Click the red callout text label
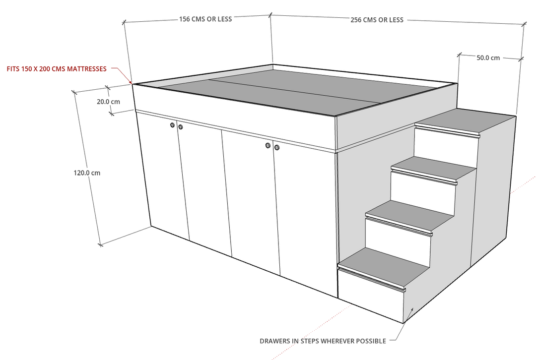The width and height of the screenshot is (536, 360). (x=57, y=69)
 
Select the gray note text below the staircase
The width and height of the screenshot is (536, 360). (x=323, y=341)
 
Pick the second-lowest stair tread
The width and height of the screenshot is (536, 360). (x=409, y=214)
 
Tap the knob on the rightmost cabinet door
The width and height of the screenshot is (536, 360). (x=277, y=147)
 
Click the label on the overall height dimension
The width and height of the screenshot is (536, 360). (x=87, y=173)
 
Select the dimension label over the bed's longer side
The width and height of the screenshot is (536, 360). (x=377, y=20)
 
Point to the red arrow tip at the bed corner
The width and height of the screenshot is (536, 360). (x=132, y=81)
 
